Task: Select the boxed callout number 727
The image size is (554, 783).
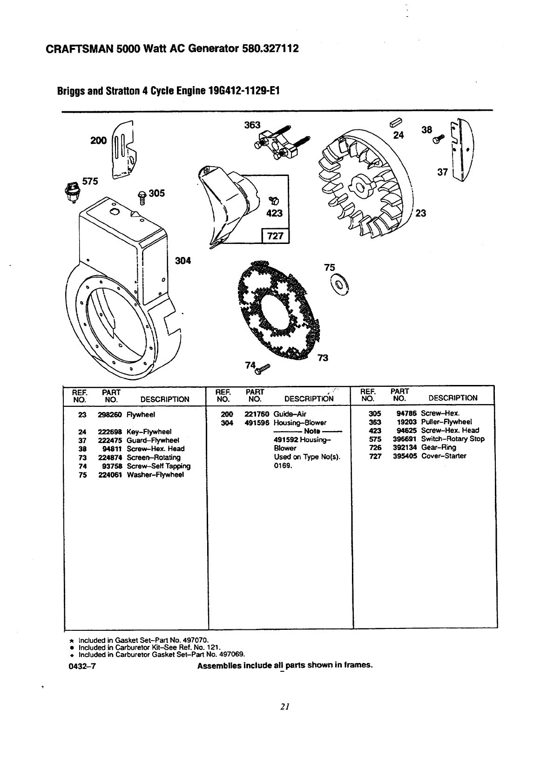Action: tap(276, 236)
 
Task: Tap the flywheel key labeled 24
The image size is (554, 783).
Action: tap(394, 123)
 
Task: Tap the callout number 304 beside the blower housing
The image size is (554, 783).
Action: tap(183, 261)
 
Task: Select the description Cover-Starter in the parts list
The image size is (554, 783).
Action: tap(443, 456)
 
